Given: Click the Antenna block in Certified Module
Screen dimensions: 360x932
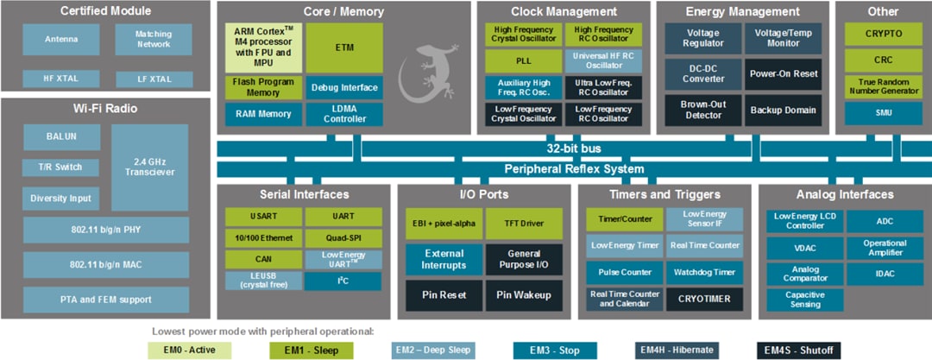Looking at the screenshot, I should point(61,39).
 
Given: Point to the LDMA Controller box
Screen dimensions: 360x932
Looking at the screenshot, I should point(343,114).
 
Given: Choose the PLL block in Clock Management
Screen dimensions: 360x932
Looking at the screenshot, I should point(522,61).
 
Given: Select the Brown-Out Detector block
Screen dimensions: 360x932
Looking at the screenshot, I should point(702,110).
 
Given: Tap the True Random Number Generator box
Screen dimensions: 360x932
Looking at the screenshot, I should point(883,87).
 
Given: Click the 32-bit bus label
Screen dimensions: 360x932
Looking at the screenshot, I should point(574,148).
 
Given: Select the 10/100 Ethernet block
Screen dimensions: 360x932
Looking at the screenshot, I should point(263,237).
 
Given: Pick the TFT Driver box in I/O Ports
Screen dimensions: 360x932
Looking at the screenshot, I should point(524,223).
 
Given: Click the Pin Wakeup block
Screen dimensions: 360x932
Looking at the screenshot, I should point(524,294).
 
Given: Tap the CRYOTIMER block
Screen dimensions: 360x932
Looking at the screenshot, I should point(704,299).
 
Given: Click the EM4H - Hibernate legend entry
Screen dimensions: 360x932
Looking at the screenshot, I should point(677,350).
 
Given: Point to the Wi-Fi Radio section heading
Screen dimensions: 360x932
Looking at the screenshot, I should point(105,108).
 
